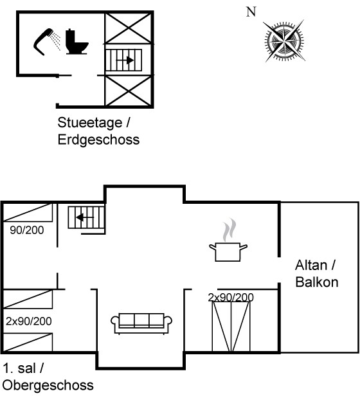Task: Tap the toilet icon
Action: click(x=76, y=42)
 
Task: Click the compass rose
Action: click(x=284, y=41)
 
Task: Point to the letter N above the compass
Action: click(x=251, y=12)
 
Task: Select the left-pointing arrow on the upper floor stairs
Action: click(x=85, y=217)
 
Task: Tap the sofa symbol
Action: click(x=141, y=323)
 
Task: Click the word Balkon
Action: click(x=317, y=282)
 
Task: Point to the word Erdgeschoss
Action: click(x=98, y=140)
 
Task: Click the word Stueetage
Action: click(x=90, y=123)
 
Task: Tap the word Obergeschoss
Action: click(x=48, y=385)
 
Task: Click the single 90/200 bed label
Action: click(x=27, y=230)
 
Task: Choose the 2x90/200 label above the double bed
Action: click(x=231, y=297)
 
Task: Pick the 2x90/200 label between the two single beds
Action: click(x=29, y=321)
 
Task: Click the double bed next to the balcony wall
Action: click(x=231, y=327)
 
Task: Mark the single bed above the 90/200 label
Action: click(x=28, y=212)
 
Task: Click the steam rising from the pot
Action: click(x=229, y=230)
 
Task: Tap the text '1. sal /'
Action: click(x=23, y=368)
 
